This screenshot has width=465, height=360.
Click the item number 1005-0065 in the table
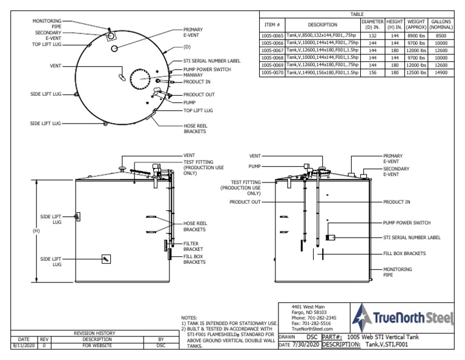pyautogui.click(x=271, y=36)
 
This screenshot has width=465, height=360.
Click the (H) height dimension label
pyautogui.click(x=35, y=230)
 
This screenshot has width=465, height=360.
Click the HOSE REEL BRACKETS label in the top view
pyautogui.click(x=196, y=128)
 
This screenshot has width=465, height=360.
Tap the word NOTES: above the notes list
pyautogui.click(x=190, y=317)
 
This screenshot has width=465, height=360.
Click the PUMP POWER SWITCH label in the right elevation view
pyautogui.click(x=411, y=222)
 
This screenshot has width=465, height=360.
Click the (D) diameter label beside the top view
pyautogui.click(x=186, y=46)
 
